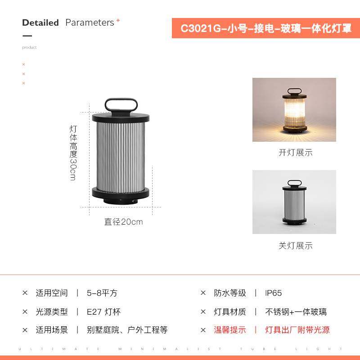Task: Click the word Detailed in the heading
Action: (40, 22)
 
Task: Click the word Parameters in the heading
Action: (90, 22)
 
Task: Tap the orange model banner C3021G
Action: (266, 28)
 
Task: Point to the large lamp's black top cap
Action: (121, 118)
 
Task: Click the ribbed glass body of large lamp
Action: (121, 155)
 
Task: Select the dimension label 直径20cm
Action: (123, 222)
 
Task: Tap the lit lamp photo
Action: (294, 110)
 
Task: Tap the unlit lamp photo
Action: (294, 202)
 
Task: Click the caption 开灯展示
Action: (295, 153)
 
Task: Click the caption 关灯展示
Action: (295, 246)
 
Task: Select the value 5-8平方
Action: (102, 293)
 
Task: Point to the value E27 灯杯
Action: (104, 311)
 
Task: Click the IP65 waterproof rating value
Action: (274, 293)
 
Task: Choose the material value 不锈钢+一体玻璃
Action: (296, 311)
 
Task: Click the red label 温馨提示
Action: (230, 330)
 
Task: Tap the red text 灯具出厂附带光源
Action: (297, 330)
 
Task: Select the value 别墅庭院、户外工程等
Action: (127, 330)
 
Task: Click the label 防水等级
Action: (230, 293)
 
